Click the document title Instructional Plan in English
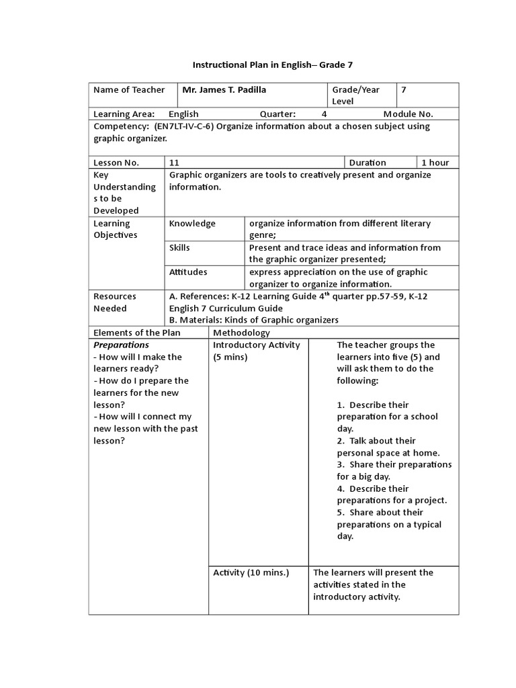click(x=272, y=65)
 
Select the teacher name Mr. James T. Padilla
click(x=229, y=90)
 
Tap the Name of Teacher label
click(x=129, y=90)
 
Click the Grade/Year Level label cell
click(x=355, y=95)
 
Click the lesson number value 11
click(x=175, y=163)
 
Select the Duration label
click(x=368, y=163)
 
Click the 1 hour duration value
click(x=435, y=163)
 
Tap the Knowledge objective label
click(x=192, y=223)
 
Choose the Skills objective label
click(x=179, y=247)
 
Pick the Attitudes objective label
click(x=188, y=272)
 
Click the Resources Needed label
click(x=115, y=302)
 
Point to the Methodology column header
click(x=242, y=333)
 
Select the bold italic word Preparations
click(x=121, y=345)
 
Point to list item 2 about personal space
click(x=386, y=447)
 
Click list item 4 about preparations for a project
click(x=391, y=494)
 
